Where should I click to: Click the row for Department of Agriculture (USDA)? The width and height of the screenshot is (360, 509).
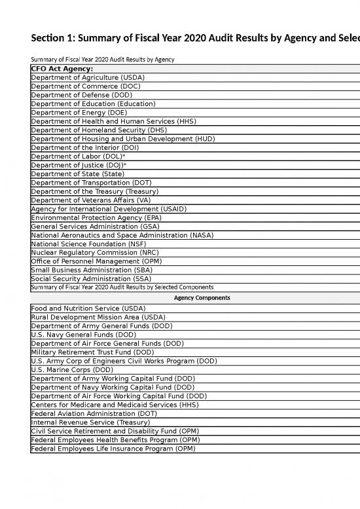88,77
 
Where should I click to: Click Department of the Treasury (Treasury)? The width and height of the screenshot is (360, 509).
95,191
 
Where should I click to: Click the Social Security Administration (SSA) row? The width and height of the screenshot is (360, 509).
94,278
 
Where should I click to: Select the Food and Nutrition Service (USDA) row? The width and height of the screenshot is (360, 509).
88,309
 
